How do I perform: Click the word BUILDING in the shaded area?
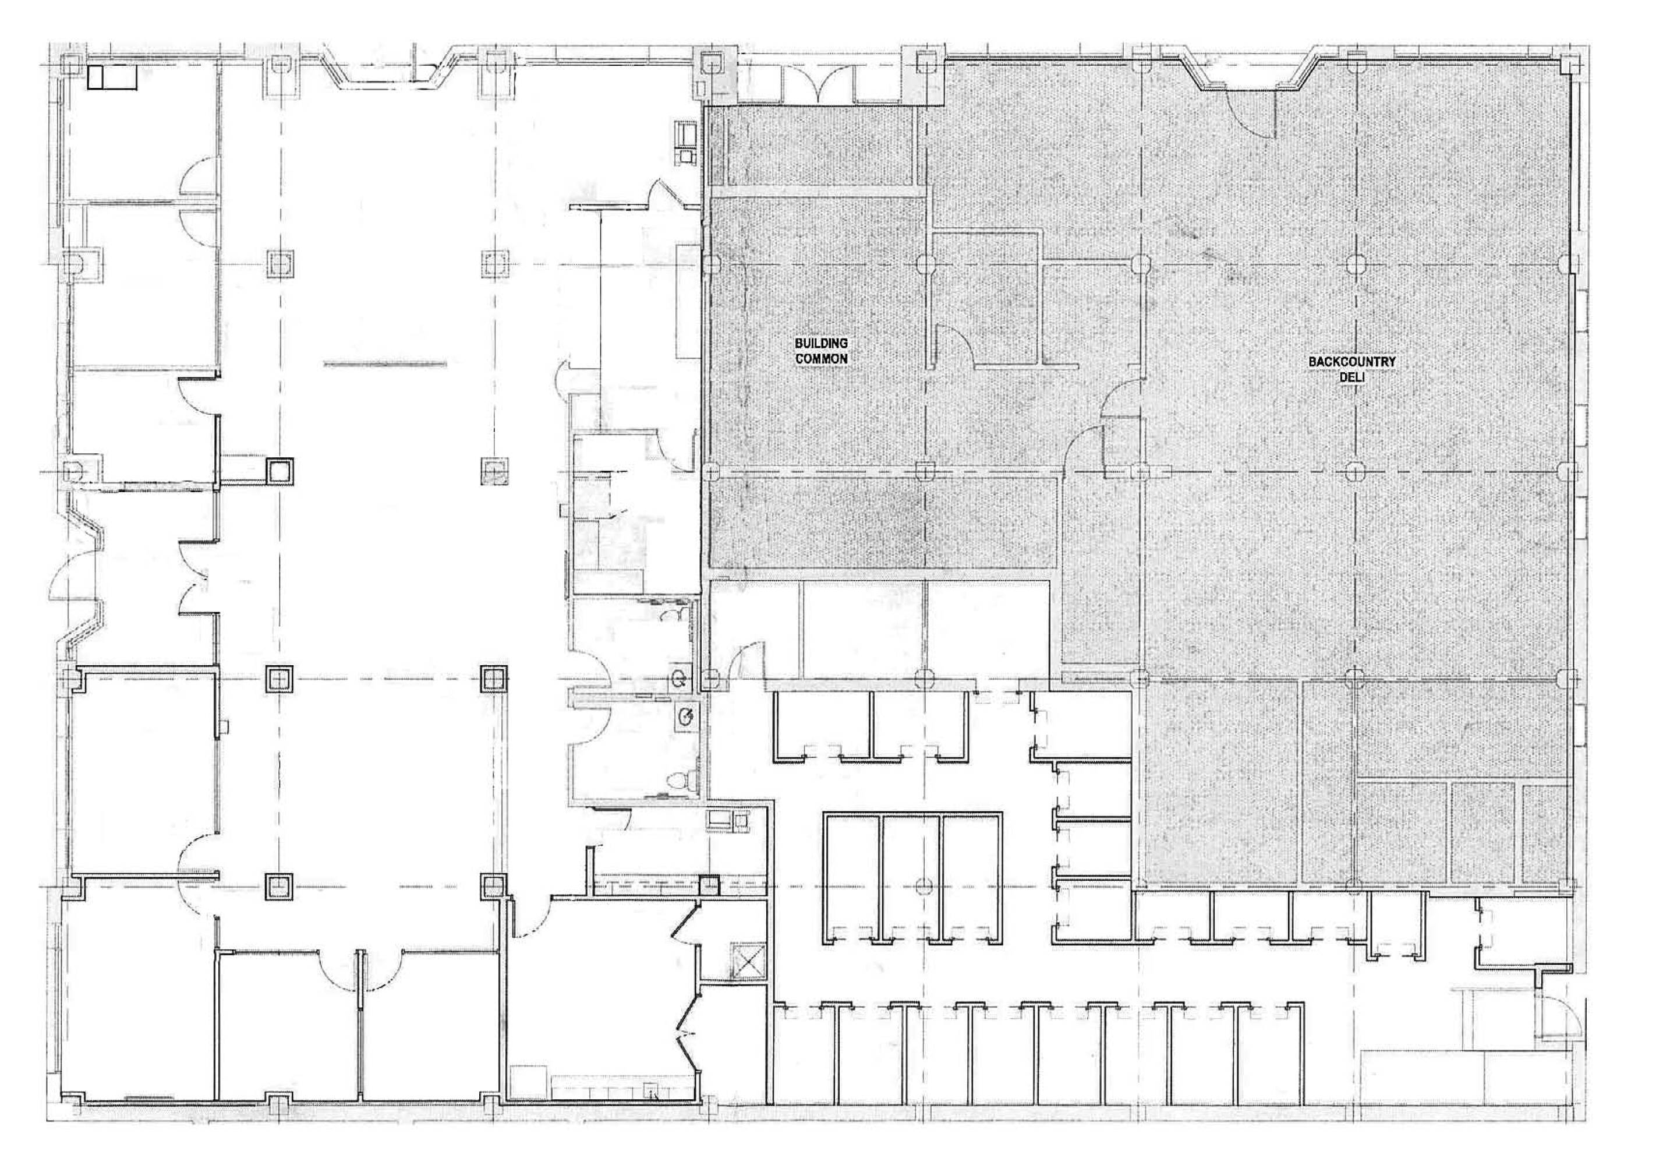pyautogui.click(x=822, y=344)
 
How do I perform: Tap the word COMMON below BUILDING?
pyautogui.click(x=822, y=358)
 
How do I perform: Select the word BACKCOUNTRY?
pyautogui.click(x=1351, y=362)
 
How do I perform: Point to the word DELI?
pyautogui.click(x=1351, y=377)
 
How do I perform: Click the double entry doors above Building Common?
pyautogui.click(x=818, y=84)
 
